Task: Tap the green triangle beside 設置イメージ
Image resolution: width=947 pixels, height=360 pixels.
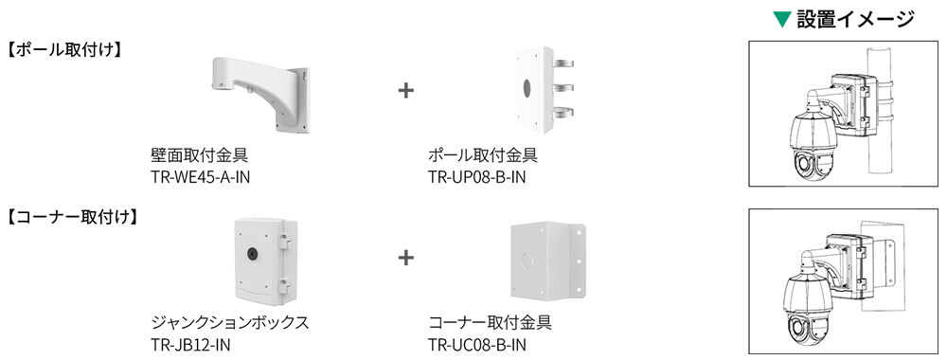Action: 782,20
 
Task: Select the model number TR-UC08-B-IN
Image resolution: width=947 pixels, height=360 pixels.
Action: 476,343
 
